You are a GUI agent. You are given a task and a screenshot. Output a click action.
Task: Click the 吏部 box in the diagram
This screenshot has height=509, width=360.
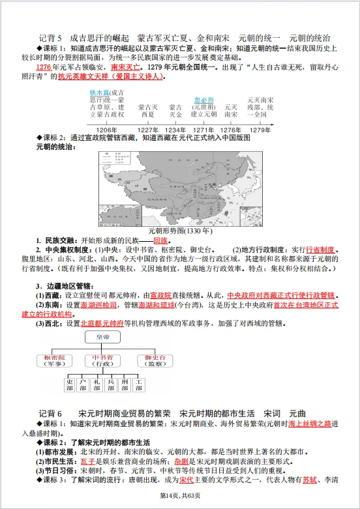coord(69,384)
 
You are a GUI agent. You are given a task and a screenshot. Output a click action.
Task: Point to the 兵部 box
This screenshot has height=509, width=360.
coord(110,384)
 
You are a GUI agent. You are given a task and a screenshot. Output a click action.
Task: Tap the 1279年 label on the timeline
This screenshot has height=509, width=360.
coord(260,130)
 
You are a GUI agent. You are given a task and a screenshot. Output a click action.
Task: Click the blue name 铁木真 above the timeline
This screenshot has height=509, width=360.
coord(100,93)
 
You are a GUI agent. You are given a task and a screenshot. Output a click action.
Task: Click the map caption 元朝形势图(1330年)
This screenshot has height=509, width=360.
coord(179,231)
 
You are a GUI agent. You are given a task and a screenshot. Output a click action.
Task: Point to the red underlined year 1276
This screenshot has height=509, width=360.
coord(43,67)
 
